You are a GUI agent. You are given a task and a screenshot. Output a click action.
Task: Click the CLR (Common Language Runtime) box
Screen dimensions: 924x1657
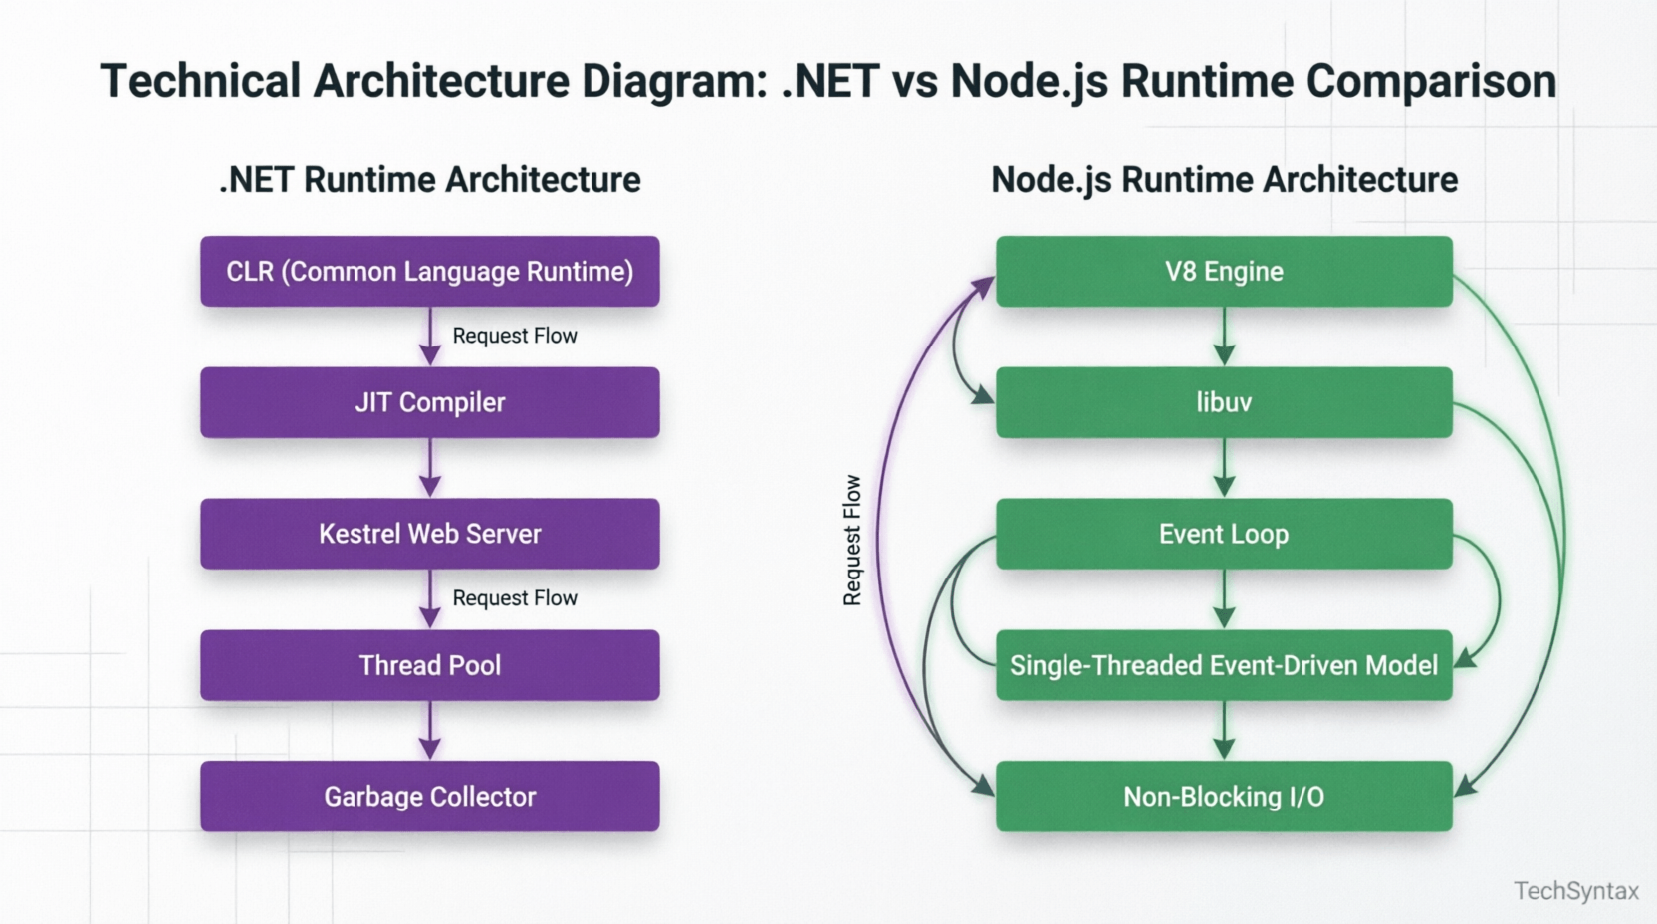tap(429, 271)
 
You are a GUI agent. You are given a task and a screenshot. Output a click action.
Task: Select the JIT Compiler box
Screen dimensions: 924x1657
tap(429, 402)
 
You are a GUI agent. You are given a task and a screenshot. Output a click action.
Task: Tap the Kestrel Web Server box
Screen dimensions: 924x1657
tap(429, 534)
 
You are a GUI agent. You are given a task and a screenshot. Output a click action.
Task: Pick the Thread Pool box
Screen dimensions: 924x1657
tap(429, 665)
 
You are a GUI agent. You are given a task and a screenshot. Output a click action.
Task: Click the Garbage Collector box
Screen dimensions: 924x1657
tap(429, 797)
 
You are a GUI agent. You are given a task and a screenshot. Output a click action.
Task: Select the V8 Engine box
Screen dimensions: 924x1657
tap(1224, 271)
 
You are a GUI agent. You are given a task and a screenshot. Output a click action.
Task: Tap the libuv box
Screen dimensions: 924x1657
tap(1224, 402)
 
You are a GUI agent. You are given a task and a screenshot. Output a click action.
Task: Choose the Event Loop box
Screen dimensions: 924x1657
tap(1224, 534)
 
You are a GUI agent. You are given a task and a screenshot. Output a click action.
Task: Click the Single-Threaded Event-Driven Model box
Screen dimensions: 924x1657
tap(1224, 665)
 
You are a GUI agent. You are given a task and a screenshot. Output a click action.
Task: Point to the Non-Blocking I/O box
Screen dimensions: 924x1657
tap(1224, 797)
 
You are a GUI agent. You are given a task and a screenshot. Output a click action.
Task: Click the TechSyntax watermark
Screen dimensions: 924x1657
tap(1575, 891)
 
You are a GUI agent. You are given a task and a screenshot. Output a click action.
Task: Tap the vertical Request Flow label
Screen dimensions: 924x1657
tap(852, 540)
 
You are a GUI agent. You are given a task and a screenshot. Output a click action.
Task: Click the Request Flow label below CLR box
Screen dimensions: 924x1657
tap(515, 336)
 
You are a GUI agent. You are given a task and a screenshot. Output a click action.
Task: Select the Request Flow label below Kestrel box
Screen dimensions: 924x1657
tap(515, 598)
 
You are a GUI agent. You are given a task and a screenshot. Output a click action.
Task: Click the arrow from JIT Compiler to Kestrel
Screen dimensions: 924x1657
tap(430, 468)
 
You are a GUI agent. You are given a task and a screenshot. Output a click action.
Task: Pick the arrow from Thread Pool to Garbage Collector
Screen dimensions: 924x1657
tap(430, 731)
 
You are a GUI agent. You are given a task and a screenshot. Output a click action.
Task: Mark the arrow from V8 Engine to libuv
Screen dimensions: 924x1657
tap(1224, 337)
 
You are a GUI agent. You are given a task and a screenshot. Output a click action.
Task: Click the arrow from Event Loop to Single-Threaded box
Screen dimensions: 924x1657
tap(1224, 599)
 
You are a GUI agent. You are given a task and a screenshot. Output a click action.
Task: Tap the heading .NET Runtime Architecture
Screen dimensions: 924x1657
tap(429, 180)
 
